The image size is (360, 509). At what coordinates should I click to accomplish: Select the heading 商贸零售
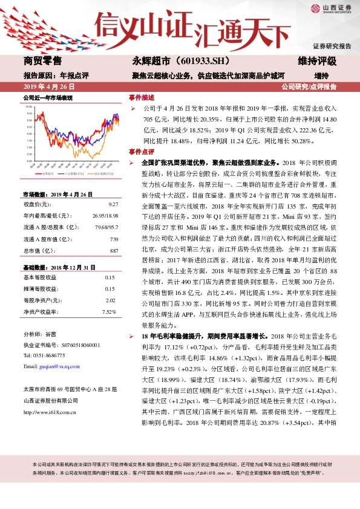(42, 61)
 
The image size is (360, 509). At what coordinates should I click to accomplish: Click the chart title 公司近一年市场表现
(48, 97)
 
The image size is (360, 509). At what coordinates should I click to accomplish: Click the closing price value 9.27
(112, 204)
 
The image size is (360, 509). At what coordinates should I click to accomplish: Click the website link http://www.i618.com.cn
(49, 412)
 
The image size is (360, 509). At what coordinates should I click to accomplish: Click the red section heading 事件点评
(141, 151)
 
